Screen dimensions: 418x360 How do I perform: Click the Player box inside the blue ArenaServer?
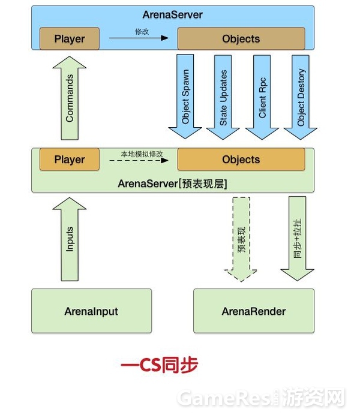[x=70, y=39]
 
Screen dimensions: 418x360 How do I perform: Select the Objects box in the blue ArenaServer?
[x=241, y=39]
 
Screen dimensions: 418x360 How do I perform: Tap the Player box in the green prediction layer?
[x=70, y=160]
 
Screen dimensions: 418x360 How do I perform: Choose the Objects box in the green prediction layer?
[x=241, y=160]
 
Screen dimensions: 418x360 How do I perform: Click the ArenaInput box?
[x=91, y=311]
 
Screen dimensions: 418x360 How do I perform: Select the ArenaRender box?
[x=253, y=311]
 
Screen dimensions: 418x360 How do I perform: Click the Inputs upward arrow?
[x=70, y=239]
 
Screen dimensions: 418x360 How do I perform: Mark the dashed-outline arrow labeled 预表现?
[x=241, y=239]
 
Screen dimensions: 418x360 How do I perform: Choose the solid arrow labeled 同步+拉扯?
[x=298, y=239]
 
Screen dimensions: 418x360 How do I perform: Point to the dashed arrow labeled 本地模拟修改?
[x=139, y=160]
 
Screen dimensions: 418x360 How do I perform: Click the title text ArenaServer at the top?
[x=172, y=14]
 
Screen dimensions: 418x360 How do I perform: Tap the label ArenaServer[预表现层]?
[x=172, y=182]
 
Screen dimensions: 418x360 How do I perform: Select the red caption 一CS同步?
[x=158, y=365]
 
